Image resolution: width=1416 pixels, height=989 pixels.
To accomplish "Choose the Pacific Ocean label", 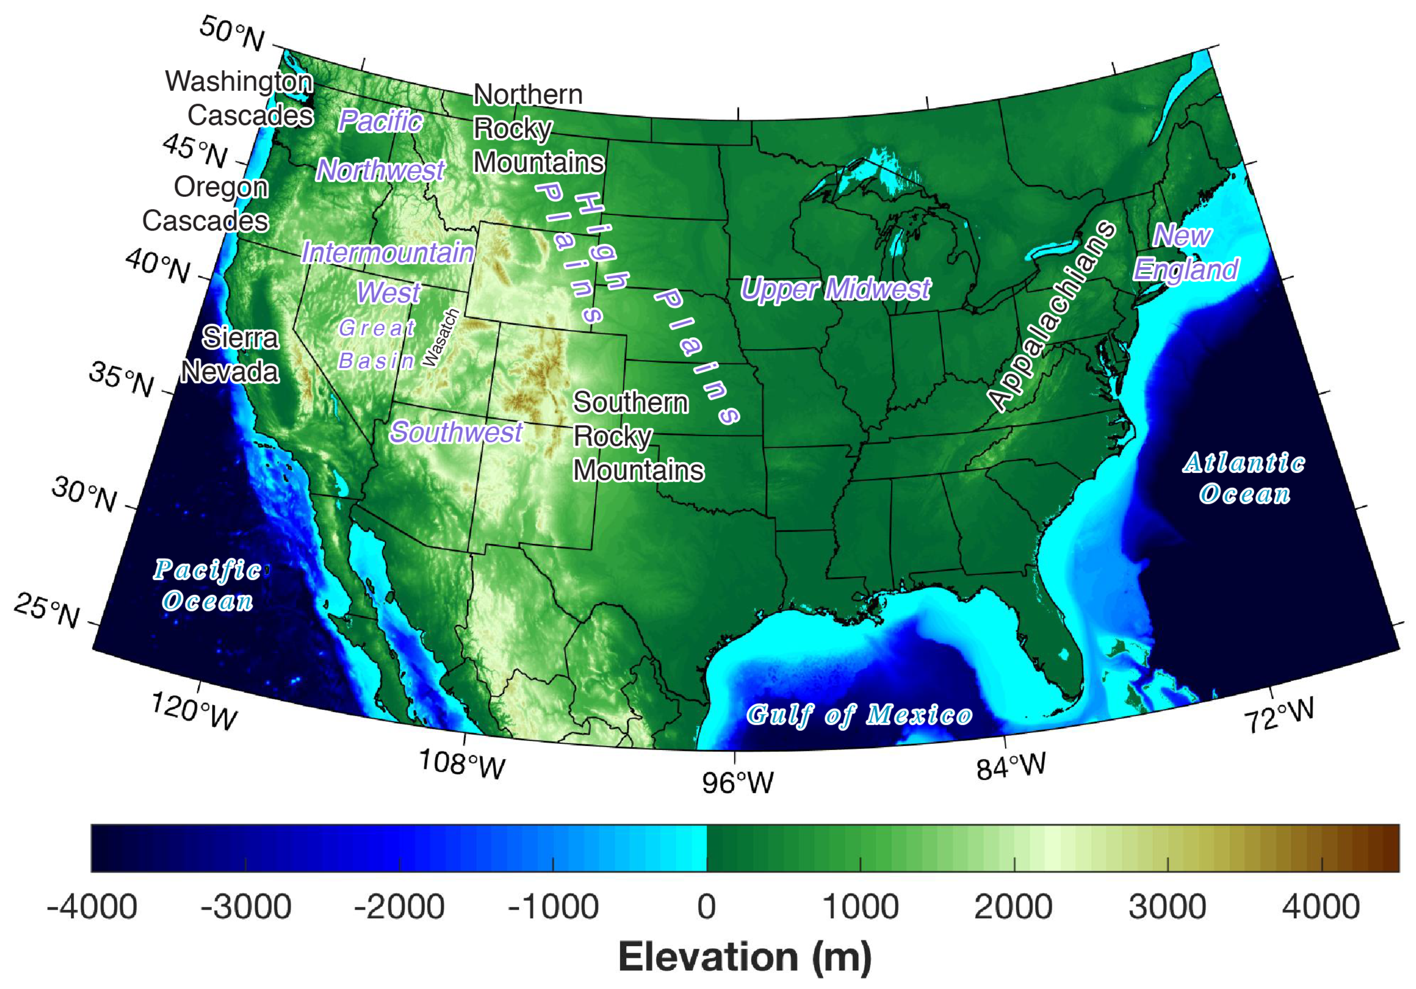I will (x=208, y=586).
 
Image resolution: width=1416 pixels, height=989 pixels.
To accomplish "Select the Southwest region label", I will (x=456, y=432).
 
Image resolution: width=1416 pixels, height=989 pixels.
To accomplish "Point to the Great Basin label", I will (x=377, y=345).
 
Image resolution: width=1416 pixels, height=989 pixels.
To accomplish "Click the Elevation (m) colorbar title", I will (x=745, y=958).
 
